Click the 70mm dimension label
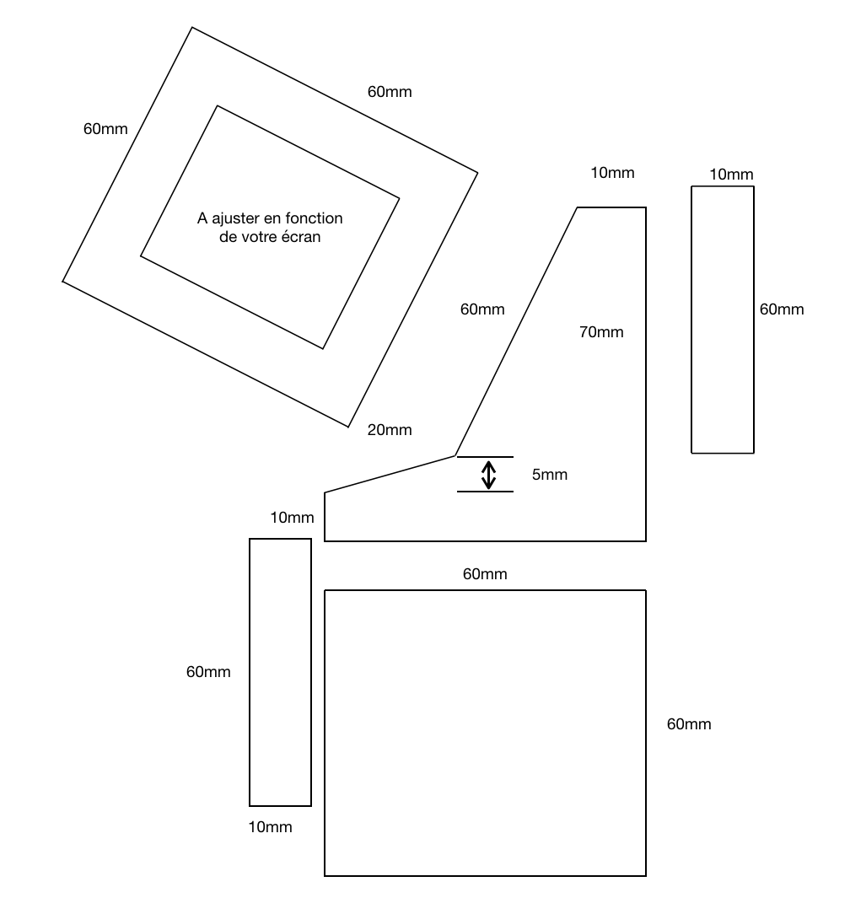click(x=601, y=332)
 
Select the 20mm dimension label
click(x=390, y=430)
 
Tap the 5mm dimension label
click(x=549, y=475)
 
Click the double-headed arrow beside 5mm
click(x=488, y=475)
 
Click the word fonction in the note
click(x=314, y=218)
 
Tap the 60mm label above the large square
click(x=485, y=574)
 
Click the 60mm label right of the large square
click(x=688, y=724)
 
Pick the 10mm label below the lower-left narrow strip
click(x=270, y=827)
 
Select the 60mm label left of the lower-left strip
click(x=208, y=672)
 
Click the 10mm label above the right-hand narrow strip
click(x=731, y=175)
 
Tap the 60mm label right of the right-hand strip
click(x=781, y=309)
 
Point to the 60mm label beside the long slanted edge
click(x=482, y=309)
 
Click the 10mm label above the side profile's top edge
click(x=612, y=173)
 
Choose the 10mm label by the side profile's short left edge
click(x=292, y=518)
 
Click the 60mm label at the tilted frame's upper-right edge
click(x=390, y=92)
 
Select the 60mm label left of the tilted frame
click(x=105, y=129)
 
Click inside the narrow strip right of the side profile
click(x=723, y=320)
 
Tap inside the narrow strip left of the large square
click(x=281, y=672)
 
